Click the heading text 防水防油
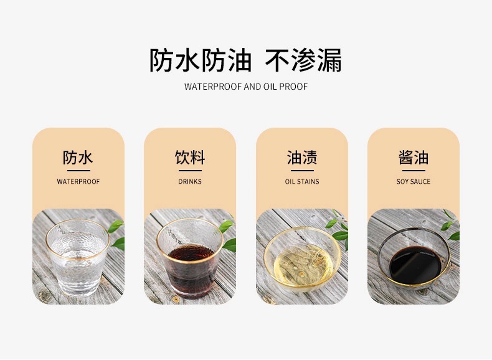200,60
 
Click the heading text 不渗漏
303,60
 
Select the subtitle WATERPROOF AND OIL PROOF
246,87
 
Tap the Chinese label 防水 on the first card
78,158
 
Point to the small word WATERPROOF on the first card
78,182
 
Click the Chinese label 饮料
190,158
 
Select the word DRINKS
190,182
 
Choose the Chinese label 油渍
302,158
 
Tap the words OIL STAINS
302,182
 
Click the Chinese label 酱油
414,158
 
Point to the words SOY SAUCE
414,182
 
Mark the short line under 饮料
190,170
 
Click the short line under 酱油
414,170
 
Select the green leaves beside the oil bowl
339,228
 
